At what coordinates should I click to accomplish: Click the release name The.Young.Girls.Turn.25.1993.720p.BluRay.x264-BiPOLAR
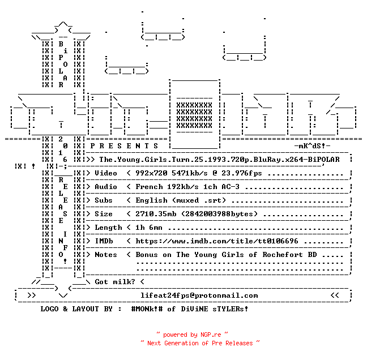219,160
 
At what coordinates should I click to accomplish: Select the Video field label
106,173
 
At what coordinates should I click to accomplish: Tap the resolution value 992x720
151,173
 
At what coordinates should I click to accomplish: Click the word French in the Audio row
149,187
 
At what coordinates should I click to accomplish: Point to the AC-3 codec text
231,187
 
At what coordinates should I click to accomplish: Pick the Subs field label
104,200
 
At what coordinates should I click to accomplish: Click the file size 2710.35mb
156,214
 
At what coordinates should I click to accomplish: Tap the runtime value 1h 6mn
149,228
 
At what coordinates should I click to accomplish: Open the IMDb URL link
217,241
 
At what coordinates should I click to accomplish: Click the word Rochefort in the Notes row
283,255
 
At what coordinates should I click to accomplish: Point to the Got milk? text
115,282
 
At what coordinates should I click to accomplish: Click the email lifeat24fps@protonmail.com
199,295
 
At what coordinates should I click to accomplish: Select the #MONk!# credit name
147,308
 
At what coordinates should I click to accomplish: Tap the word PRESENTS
124,146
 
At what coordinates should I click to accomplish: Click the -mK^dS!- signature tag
312,146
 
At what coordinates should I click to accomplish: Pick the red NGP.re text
211,335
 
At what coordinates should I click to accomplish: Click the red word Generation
181,343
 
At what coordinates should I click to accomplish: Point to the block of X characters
194,115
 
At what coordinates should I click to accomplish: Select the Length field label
108,228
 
